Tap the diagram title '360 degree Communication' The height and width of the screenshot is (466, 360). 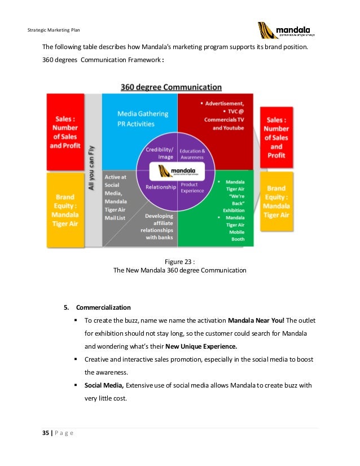[171, 87]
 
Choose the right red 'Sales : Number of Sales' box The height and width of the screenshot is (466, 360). [276, 137]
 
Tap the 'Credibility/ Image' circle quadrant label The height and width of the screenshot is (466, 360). [158, 153]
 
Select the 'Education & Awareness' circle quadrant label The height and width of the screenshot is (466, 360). [192, 155]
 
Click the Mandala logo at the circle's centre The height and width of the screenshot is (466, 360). [178, 170]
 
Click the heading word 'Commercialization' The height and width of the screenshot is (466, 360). [103, 307]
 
